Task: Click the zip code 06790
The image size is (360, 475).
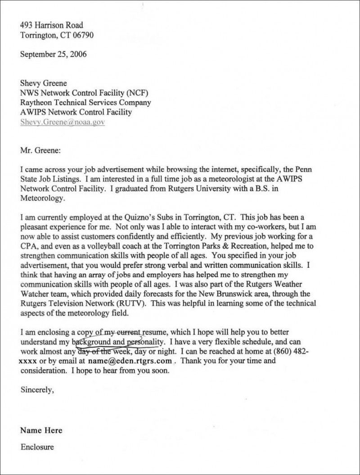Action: (84, 35)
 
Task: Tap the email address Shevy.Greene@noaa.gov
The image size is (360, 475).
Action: (63, 122)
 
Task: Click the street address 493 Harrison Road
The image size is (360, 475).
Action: (52, 25)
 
